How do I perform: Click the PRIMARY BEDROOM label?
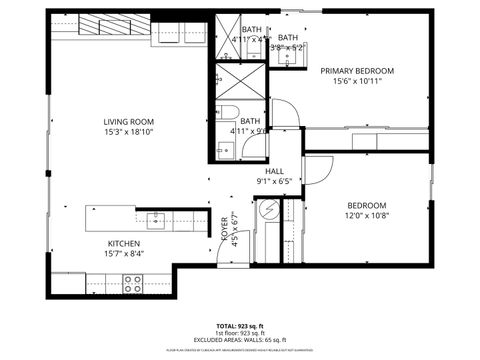357,71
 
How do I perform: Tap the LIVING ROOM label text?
129,122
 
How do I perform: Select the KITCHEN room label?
124,243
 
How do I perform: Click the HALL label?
274,171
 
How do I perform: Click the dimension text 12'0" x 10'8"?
367,215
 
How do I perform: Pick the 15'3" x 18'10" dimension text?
129,132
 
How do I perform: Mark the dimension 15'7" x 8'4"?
124,254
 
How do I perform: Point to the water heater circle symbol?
268,211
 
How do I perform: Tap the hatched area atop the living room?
101,23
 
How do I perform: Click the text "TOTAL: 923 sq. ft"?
240,326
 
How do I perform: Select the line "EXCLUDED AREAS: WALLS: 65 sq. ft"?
240,340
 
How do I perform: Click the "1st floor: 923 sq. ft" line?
240,333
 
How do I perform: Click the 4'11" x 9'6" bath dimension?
248,130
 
